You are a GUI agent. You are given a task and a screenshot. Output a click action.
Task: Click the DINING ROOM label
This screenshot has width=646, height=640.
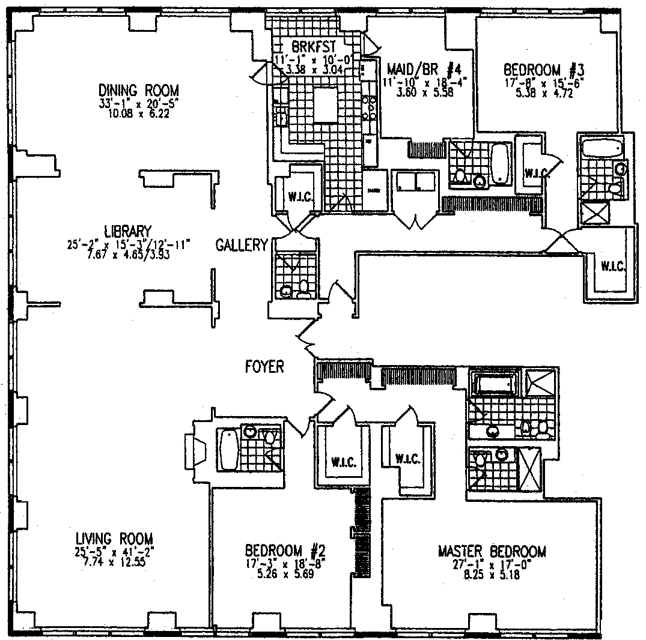click(x=139, y=91)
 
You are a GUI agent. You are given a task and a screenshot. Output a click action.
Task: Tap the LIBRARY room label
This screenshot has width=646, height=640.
click(x=127, y=231)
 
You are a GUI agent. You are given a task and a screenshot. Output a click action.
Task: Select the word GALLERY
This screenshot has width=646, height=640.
click(x=242, y=245)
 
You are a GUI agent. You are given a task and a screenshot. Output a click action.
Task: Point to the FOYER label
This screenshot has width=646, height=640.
click(x=264, y=366)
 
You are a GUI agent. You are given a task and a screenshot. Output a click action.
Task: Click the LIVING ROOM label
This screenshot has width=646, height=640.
click(x=114, y=538)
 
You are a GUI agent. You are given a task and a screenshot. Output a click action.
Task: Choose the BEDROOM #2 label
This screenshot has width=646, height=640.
click(x=285, y=550)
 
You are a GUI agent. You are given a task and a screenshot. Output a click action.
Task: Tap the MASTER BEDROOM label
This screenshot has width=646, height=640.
click(x=492, y=551)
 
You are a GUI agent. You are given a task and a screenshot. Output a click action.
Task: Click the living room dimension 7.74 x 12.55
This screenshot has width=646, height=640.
click(x=114, y=563)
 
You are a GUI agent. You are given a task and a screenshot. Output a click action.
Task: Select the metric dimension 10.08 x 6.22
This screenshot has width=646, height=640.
click(x=139, y=114)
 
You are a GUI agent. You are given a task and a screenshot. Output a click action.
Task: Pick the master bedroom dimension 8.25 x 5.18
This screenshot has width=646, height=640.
click(x=492, y=575)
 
